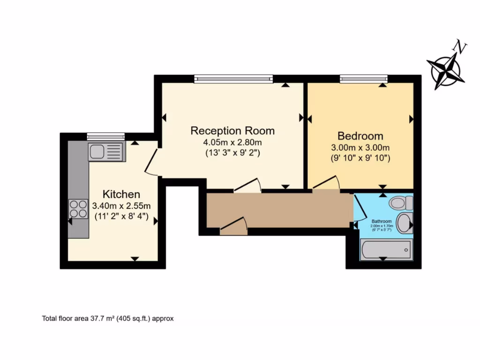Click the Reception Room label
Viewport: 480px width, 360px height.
232,130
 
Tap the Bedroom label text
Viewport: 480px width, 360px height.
360,136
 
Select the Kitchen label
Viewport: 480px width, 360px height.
121,194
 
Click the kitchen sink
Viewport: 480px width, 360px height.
106,151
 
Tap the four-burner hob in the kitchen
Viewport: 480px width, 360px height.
78,209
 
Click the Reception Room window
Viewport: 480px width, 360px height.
233,79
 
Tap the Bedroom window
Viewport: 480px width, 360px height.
364,79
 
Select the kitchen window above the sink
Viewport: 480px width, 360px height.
105,136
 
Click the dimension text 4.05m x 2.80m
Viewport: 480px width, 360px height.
232,142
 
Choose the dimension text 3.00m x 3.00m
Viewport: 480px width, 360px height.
360,148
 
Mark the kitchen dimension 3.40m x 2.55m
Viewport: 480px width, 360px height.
121,205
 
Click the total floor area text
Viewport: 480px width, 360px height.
108,318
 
